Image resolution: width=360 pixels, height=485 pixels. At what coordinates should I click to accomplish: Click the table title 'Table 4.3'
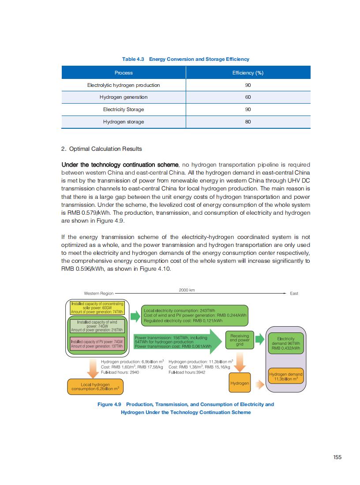pos(133,59)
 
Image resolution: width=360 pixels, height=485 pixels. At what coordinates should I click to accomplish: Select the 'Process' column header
pos(124,73)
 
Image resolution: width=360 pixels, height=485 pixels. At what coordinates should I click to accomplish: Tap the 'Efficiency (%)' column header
pos(247,73)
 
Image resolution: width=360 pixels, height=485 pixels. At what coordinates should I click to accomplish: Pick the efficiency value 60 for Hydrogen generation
pos(247,97)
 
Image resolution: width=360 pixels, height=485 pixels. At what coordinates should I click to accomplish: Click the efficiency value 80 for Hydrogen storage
pos(247,122)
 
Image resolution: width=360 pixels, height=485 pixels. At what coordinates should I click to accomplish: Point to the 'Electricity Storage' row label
pos(124,109)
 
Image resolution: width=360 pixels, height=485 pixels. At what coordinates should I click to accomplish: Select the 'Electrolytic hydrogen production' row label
pos(124,85)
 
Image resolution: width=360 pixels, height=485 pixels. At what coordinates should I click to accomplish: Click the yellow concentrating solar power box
pos(97,308)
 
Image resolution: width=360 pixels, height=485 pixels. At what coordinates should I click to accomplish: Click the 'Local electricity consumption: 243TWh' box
pos(195,315)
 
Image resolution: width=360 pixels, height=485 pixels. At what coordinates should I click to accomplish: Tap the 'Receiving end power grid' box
pos(240,339)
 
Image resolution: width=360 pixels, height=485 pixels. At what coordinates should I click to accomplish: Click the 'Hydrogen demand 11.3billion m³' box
pos(286,376)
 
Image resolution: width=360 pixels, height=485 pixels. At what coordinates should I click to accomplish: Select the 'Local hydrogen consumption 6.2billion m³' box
pos(95,387)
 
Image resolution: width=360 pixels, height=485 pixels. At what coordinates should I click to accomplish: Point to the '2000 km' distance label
pos(187,290)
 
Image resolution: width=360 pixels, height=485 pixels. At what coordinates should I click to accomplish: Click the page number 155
pos(337,457)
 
